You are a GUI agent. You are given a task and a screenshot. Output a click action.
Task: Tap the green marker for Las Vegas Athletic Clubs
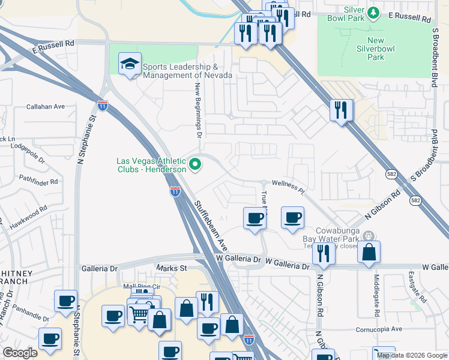pyautogui.click(x=195, y=164)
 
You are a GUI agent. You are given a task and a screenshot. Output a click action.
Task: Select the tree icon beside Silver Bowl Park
pyautogui.click(x=373, y=12)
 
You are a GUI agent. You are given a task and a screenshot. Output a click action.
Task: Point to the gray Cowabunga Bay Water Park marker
pyautogui.click(x=370, y=236)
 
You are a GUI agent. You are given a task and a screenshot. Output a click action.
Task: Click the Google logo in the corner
pyautogui.click(x=20, y=353)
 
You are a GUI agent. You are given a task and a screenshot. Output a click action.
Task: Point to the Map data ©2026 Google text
pyautogui.click(x=411, y=355)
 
